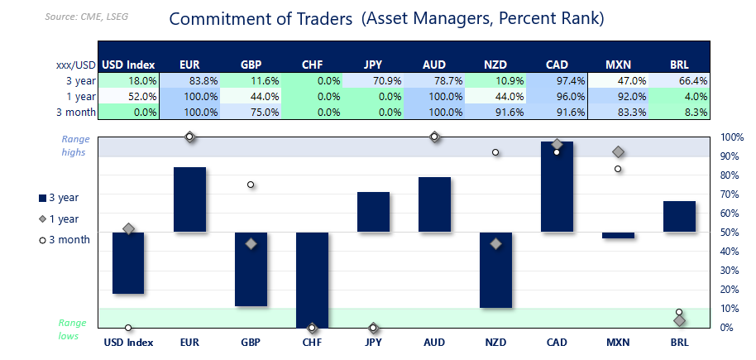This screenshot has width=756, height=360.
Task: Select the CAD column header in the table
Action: [x=556, y=65]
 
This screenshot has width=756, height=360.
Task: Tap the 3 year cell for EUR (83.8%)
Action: [x=189, y=81]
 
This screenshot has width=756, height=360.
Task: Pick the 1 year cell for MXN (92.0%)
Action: [x=617, y=97]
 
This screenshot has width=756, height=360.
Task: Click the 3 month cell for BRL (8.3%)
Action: [x=679, y=113]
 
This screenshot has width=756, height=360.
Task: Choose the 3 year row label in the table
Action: [x=79, y=81]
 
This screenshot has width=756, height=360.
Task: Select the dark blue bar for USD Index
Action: [x=128, y=262]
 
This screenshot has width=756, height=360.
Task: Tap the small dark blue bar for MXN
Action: [x=618, y=235]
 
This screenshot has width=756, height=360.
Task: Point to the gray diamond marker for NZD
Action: [x=495, y=244]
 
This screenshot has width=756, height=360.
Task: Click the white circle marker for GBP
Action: [x=251, y=185]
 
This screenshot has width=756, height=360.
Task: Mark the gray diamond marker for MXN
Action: [x=618, y=152]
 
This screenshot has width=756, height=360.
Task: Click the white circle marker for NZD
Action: [x=495, y=152]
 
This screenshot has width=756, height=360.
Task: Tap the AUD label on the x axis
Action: [x=434, y=341]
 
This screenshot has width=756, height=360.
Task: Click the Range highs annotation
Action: [x=74, y=146]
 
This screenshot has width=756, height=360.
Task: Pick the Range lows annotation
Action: [x=73, y=329]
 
